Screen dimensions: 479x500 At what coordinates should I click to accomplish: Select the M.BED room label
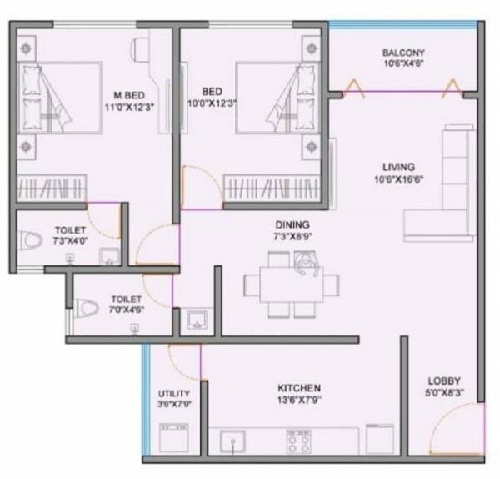click(132, 93)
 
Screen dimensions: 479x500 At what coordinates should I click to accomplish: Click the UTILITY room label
click(174, 394)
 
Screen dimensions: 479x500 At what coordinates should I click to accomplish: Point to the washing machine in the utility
click(172, 439)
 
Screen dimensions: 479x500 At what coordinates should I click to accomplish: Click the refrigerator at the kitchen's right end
click(380, 439)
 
